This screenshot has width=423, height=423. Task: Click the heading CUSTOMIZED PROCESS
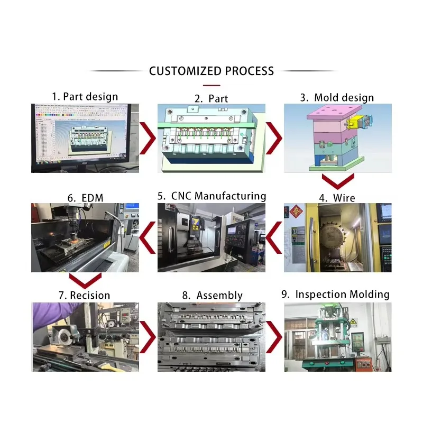pyautogui.click(x=212, y=71)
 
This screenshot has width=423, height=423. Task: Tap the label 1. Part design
pyautogui.click(x=85, y=97)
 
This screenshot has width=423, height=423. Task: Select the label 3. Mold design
pyautogui.click(x=337, y=97)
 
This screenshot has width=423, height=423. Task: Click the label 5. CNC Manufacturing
pyautogui.click(x=212, y=196)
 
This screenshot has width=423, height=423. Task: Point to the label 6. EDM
pyautogui.click(x=85, y=198)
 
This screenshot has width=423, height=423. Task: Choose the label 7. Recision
pyautogui.click(x=84, y=295)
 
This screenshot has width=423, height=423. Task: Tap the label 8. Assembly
pyautogui.click(x=212, y=296)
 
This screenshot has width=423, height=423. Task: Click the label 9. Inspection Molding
pyautogui.click(x=335, y=295)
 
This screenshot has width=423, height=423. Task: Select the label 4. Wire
pyautogui.click(x=337, y=198)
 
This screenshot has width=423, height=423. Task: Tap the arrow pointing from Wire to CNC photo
pyautogui.click(x=273, y=237)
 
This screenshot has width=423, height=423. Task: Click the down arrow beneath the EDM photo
pyautogui.click(x=85, y=280)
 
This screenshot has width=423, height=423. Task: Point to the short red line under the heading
pyautogui.click(x=212, y=85)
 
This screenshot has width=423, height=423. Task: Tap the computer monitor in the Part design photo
pyautogui.click(x=85, y=135)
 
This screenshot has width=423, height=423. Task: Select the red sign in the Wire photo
pyautogui.click(x=293, y=212)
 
